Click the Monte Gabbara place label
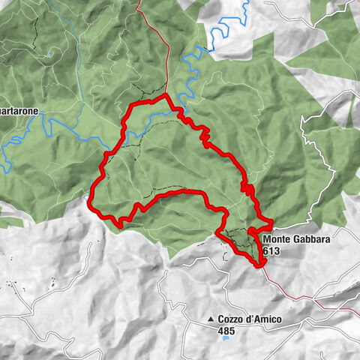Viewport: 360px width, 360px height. click(297, 240)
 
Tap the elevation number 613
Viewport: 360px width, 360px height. click(271, 252)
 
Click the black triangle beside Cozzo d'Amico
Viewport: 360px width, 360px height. click(211, 320)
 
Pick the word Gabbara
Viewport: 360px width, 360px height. click(313, 240)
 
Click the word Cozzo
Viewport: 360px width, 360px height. click(231, 319)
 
